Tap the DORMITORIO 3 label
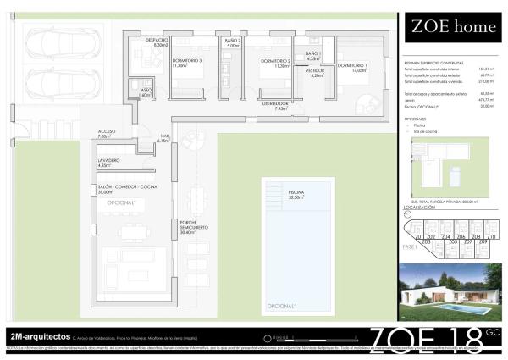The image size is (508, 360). coord(186,62)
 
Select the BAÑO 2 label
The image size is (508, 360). coord(234,42)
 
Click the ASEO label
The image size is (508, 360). coord(146,91)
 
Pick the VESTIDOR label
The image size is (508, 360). coord(315,73)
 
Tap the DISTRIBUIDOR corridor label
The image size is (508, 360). coord(276,104)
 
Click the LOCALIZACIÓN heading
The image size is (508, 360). coord(420,206)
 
